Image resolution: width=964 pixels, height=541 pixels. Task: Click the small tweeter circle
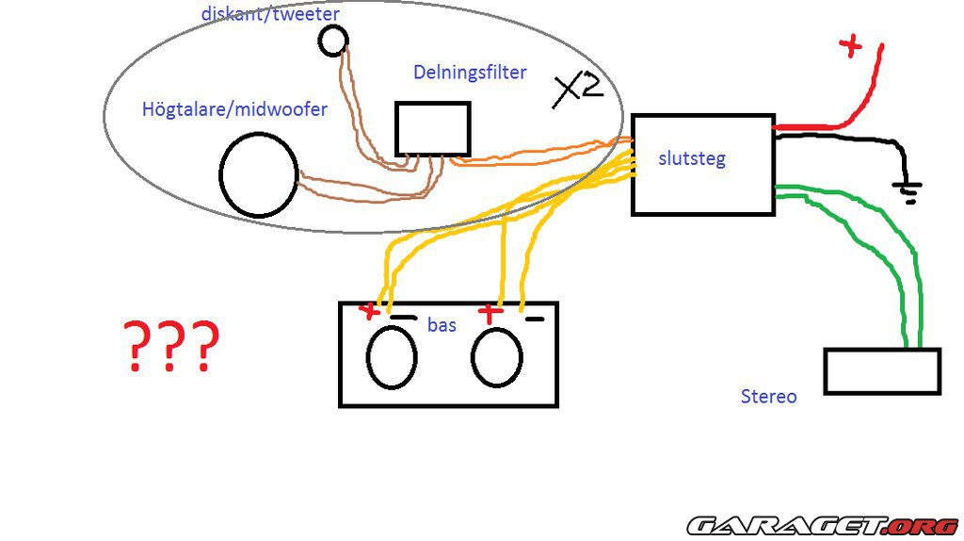click(333, 40)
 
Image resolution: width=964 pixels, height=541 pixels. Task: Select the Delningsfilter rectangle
click(432, 129)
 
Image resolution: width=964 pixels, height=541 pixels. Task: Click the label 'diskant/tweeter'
click(270, 13)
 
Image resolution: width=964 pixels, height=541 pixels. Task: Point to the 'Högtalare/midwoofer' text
click(234, 109)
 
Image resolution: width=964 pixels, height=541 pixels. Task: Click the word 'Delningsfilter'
click(470, 72)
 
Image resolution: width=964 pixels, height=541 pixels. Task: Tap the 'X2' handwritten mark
click(577, 90)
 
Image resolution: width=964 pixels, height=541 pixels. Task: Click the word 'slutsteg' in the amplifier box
click(692, 157)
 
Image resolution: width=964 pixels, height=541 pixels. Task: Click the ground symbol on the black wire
click(908, 192)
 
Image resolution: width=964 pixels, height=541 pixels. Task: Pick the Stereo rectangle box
click(882, 371)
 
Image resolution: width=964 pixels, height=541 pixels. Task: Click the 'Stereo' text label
click(768, 396)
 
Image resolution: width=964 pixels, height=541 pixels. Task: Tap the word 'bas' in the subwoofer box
click(442, 324)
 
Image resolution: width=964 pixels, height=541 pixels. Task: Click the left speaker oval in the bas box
click(392, 358)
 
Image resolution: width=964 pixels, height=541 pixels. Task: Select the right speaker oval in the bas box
click(497, 358)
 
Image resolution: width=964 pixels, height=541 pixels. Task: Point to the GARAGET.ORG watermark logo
click(822, 524)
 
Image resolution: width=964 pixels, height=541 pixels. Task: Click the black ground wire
click(847, 140)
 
